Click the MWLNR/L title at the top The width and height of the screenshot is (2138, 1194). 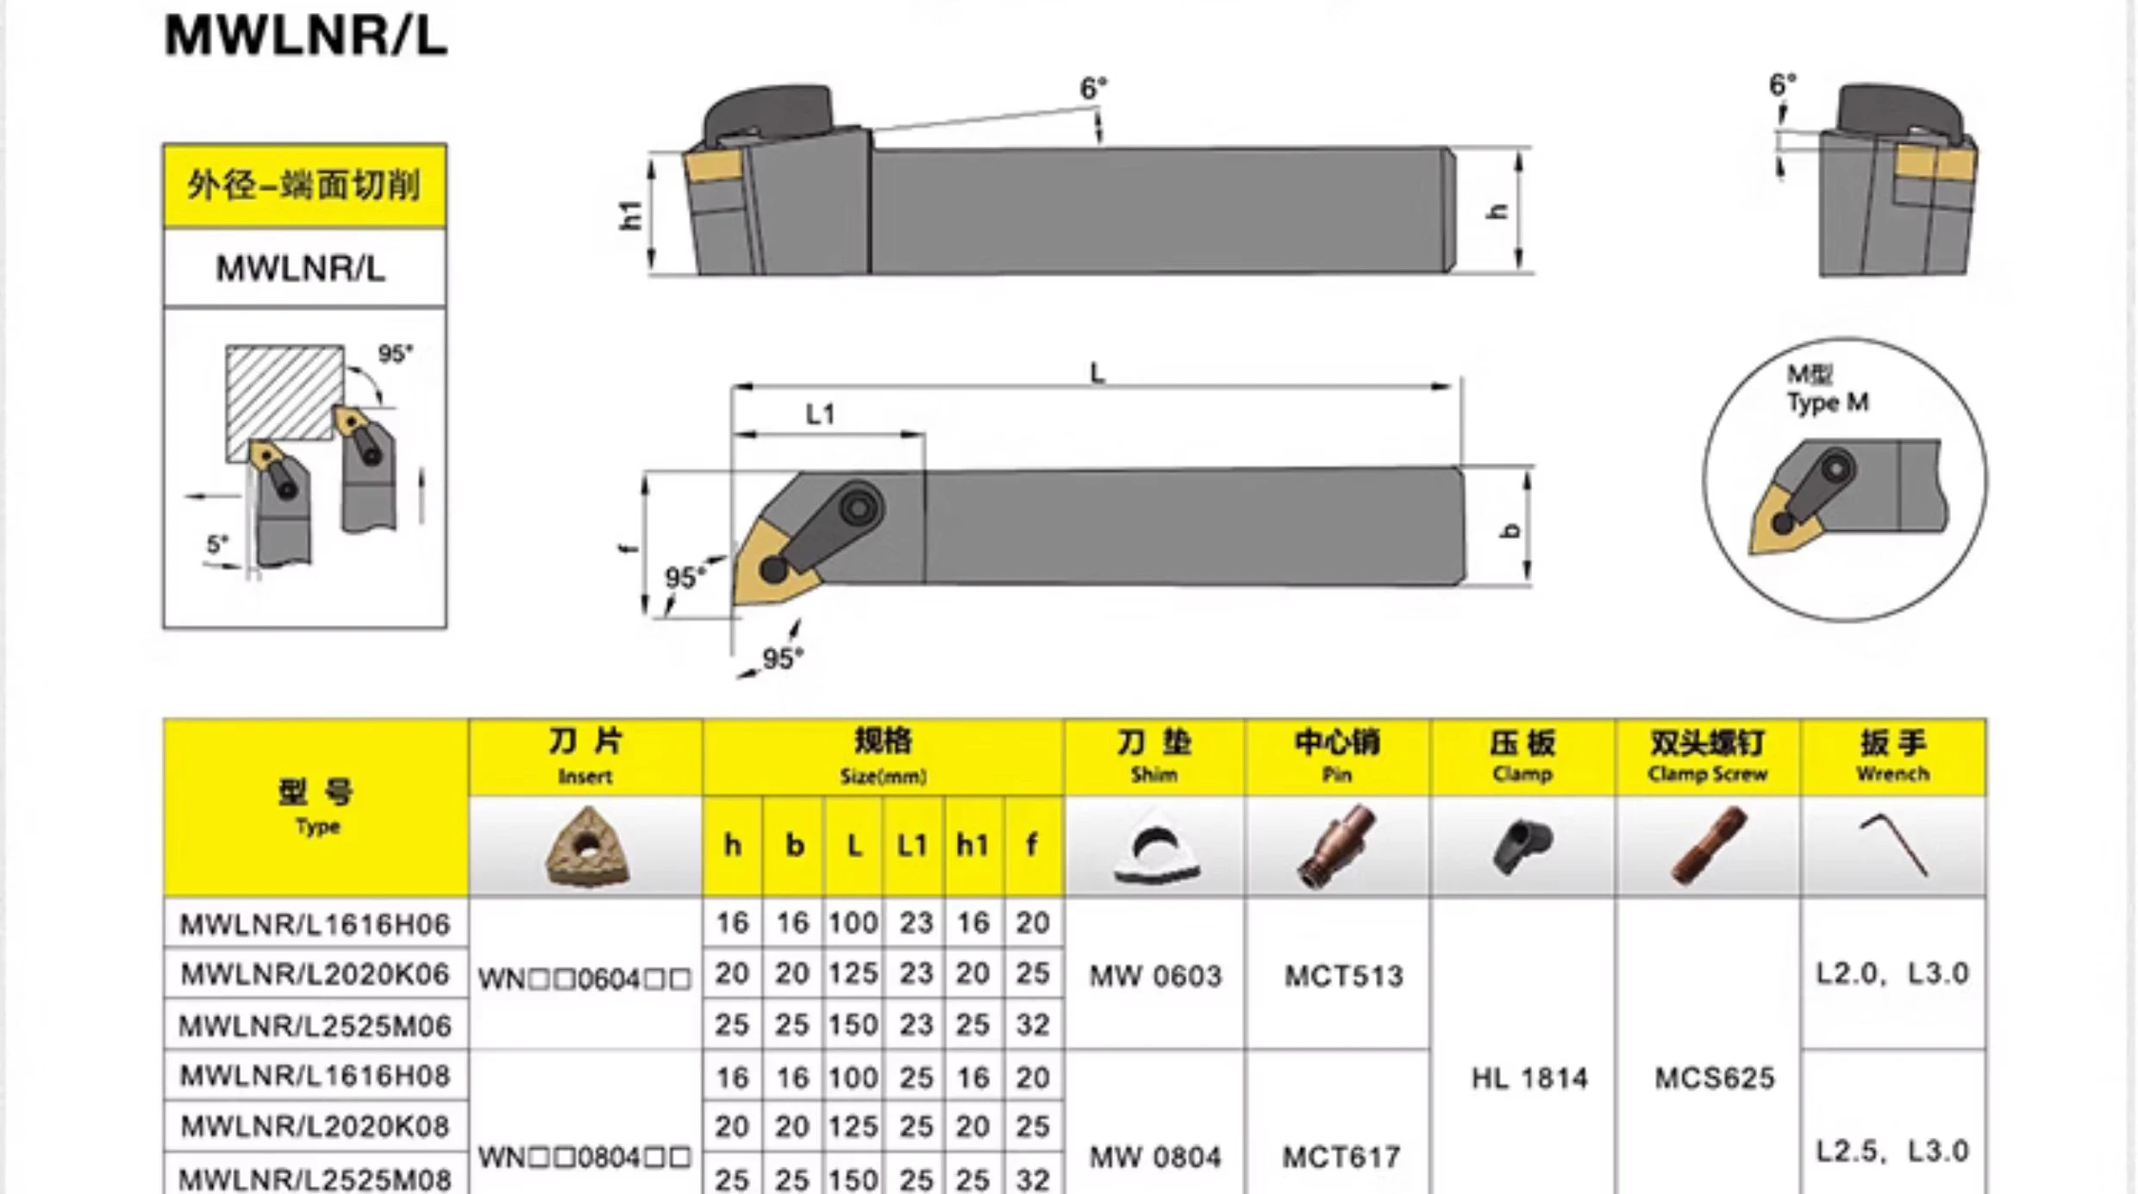click(306, 36)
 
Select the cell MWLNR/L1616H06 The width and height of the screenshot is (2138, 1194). click(315, 924)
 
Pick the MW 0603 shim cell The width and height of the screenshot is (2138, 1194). click(1155, 976)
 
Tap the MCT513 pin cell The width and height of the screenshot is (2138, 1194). click(1343, 976)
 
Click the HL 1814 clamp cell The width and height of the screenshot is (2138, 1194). click(1528, 1078)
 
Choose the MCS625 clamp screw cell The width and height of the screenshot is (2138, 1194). click(1714, 1078)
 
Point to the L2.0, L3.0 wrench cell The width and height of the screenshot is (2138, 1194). click(1892, 974)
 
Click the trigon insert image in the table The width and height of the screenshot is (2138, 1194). click(586, 847)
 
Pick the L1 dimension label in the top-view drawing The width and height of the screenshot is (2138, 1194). click(820, 415)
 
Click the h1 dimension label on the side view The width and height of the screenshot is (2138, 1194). click(631, 215)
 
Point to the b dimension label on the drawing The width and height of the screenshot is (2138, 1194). click(1510, 530)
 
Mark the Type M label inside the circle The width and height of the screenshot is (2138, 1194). click(1827, 403)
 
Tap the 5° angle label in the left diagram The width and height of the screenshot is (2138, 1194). click(216, 545)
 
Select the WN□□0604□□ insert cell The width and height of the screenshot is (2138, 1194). click(585, 979)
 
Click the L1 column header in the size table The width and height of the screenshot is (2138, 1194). click(913, 846)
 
